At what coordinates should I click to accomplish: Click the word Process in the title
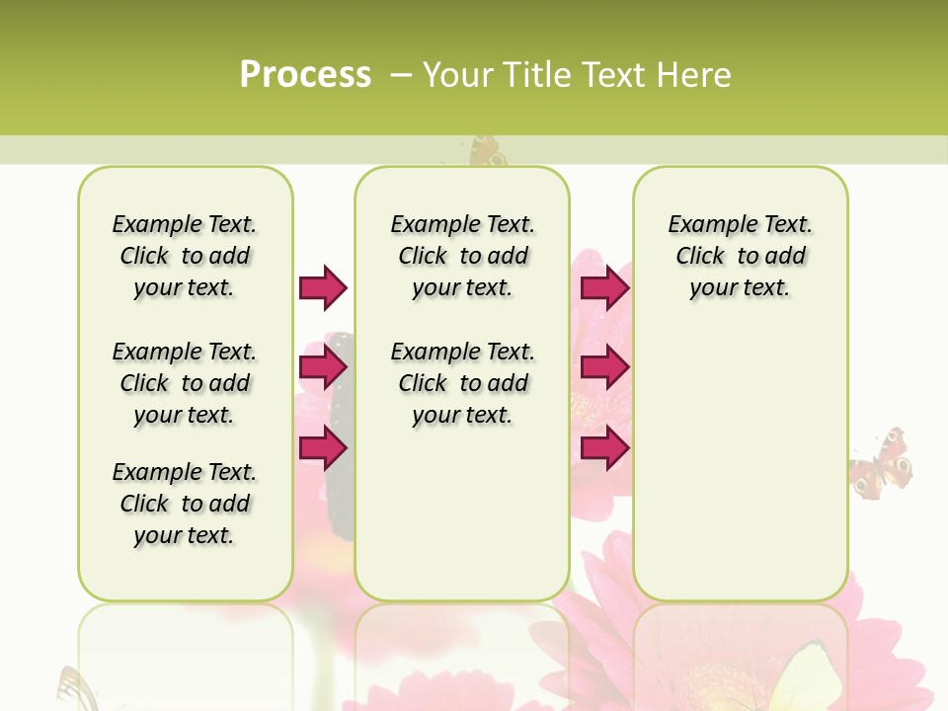305,74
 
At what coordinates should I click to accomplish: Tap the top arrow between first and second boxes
323,287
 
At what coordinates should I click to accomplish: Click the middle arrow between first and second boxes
323,367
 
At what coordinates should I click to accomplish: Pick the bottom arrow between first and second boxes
323,447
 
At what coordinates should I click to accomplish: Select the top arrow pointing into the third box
604,287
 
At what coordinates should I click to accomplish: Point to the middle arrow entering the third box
604,367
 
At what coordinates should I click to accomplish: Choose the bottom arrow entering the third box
604,447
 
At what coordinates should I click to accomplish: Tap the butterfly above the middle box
486,151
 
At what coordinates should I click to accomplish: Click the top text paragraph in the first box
185,256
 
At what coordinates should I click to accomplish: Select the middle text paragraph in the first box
185,383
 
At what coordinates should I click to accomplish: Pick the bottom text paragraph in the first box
185,504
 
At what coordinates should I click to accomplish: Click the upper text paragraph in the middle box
462,256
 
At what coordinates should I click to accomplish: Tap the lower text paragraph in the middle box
462,383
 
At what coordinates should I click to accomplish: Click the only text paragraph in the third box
740,256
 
